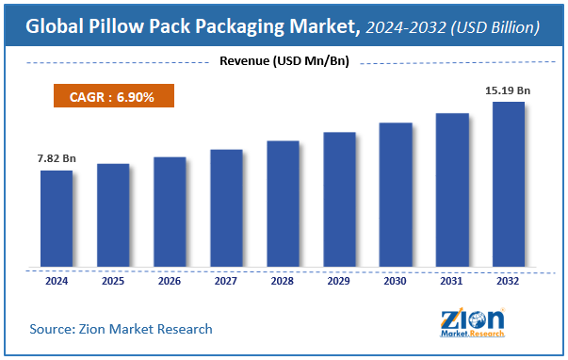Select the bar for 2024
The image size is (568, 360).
[56, 219]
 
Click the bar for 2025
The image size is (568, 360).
[112, 216]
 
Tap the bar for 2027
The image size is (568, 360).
[226, 208]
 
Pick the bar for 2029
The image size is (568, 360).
[339, 200]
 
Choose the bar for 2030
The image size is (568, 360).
[396, 195]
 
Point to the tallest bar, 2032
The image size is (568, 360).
[509, 185]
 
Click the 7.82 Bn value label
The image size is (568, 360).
[56, 157]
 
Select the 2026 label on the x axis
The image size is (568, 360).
[170, 281]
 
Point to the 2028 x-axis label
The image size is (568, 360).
[283, 281]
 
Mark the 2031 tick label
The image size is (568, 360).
[452, 281]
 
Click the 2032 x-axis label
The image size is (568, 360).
[509, 281]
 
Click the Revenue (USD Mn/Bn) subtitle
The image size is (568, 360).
[284, 63]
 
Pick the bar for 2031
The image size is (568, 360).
[452, 190]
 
